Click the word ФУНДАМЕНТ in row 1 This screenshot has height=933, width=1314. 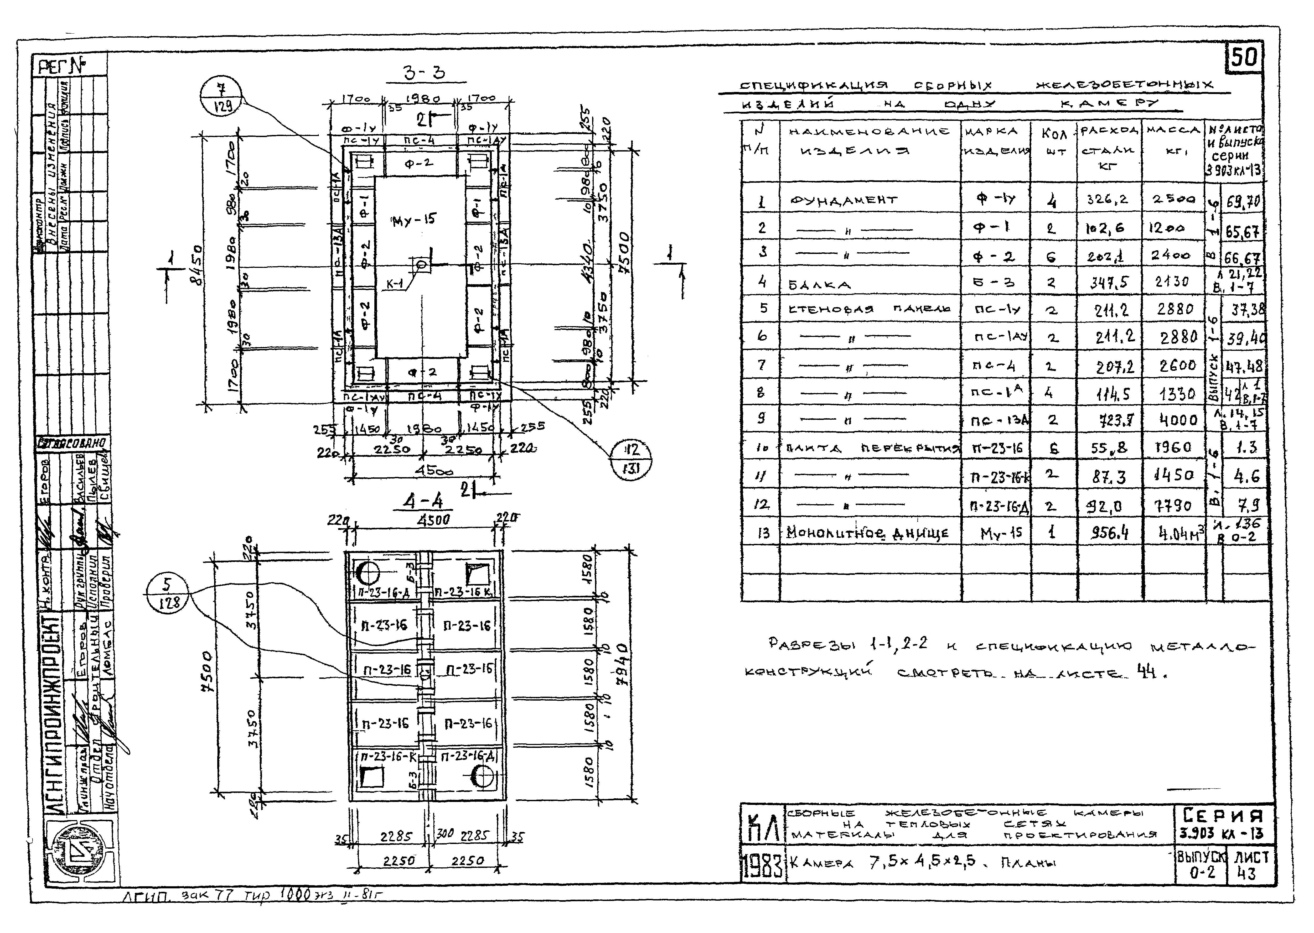(x=844, y=200)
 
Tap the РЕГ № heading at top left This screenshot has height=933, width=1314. (x=61, y=66)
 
